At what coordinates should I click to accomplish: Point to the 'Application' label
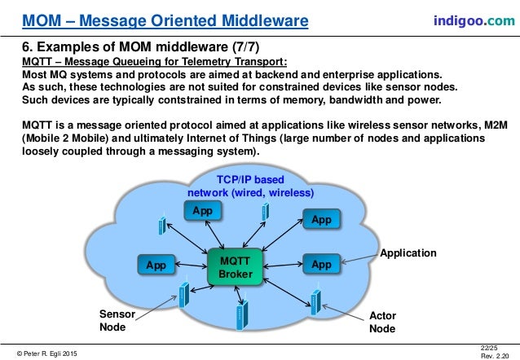[408, 253]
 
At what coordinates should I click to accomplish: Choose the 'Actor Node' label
[382, 322]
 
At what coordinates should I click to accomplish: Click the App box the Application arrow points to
[321, 265]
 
